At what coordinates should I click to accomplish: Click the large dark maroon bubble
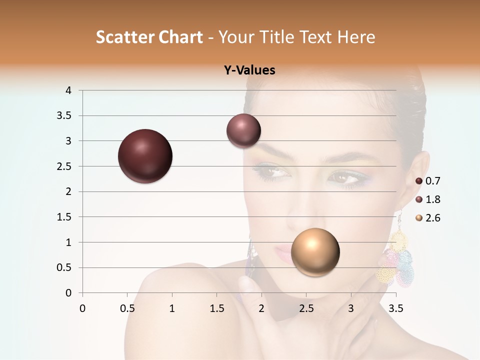tap(145, 156)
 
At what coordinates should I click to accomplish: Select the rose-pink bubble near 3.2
tap(243, 130)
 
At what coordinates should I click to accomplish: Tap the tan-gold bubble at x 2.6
tap(315, 252)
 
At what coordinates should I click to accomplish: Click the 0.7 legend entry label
tap(432, 181)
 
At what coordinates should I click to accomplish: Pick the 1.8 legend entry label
tap(432, 199)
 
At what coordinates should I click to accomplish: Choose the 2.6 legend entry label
tap(432, 218)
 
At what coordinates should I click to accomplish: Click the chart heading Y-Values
tap(249, 70)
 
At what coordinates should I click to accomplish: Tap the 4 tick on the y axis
tap(68, 90)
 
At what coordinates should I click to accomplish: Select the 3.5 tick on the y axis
tap(65, 116)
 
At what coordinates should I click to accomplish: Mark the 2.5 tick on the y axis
tap(65, 166)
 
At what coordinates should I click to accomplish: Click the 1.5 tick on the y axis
tap(65, 217)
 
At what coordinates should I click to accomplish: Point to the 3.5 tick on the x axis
tap(395, 308)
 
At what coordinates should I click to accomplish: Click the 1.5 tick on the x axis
tap(216, 308)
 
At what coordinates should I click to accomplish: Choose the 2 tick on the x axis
tap(261, 308)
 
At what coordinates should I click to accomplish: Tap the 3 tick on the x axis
tap(351, 308)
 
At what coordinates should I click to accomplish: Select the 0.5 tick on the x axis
tap(127, 308)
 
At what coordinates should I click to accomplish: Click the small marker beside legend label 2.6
tap(419, 218)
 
